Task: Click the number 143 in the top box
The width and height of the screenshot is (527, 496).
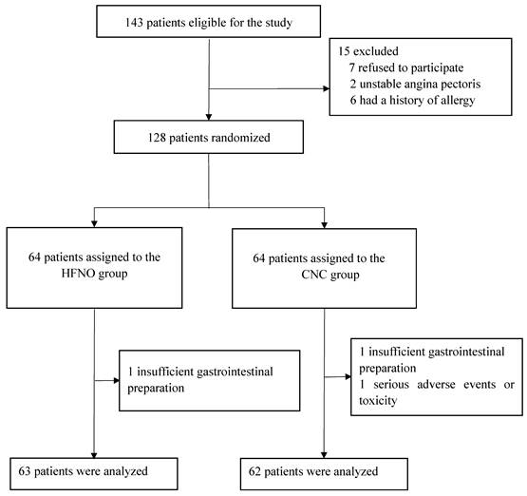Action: [134, 23]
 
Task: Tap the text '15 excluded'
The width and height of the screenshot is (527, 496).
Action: [368, 51]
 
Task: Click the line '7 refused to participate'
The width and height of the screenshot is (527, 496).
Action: [406, 67]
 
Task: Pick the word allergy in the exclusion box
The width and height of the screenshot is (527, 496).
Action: [457, 101]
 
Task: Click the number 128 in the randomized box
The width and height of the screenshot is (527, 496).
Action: [157, 138]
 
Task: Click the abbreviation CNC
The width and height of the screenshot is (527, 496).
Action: [314, 275]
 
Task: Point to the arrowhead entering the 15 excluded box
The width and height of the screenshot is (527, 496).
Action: [326, 88]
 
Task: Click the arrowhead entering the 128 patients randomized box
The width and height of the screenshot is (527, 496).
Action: [209, 117]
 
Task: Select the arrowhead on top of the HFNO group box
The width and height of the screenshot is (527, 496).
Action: [94, 224]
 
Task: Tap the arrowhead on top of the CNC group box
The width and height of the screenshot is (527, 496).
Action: [324, 225]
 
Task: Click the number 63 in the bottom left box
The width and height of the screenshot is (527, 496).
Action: [25, 471]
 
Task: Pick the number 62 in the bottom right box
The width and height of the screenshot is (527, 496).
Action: [254, 471]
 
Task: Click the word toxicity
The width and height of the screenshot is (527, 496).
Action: [378, 401]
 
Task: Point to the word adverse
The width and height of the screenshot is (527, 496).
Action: [436, 385]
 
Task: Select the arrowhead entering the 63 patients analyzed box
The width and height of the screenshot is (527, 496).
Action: [94, 455]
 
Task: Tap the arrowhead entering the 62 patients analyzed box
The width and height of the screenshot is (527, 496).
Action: [324, 455]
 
